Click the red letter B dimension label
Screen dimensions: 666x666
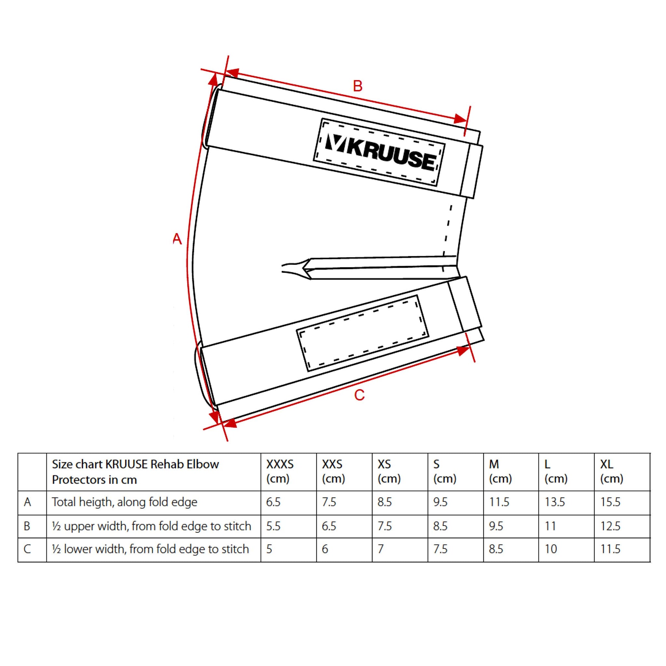[x=358, y=86]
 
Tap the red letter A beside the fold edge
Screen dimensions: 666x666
[x=177, y=239]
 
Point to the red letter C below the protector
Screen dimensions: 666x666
[x=359, y=395]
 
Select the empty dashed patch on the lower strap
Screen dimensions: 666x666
[x=362, y=333]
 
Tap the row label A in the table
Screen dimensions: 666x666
[x=28, y=502]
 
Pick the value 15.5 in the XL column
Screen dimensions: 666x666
[x=610, y=502]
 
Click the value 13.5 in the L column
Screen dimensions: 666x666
[x=555, y=502]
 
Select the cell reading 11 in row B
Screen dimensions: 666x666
[x=550, y=526]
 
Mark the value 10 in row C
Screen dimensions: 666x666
[x=551, y=549]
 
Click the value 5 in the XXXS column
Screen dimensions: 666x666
[x=269, y=549]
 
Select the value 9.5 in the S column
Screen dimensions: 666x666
[x=440, y=502]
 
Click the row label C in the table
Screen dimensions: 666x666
[x=28, y=549]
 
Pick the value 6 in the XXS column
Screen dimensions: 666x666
[x=325, y=549]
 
